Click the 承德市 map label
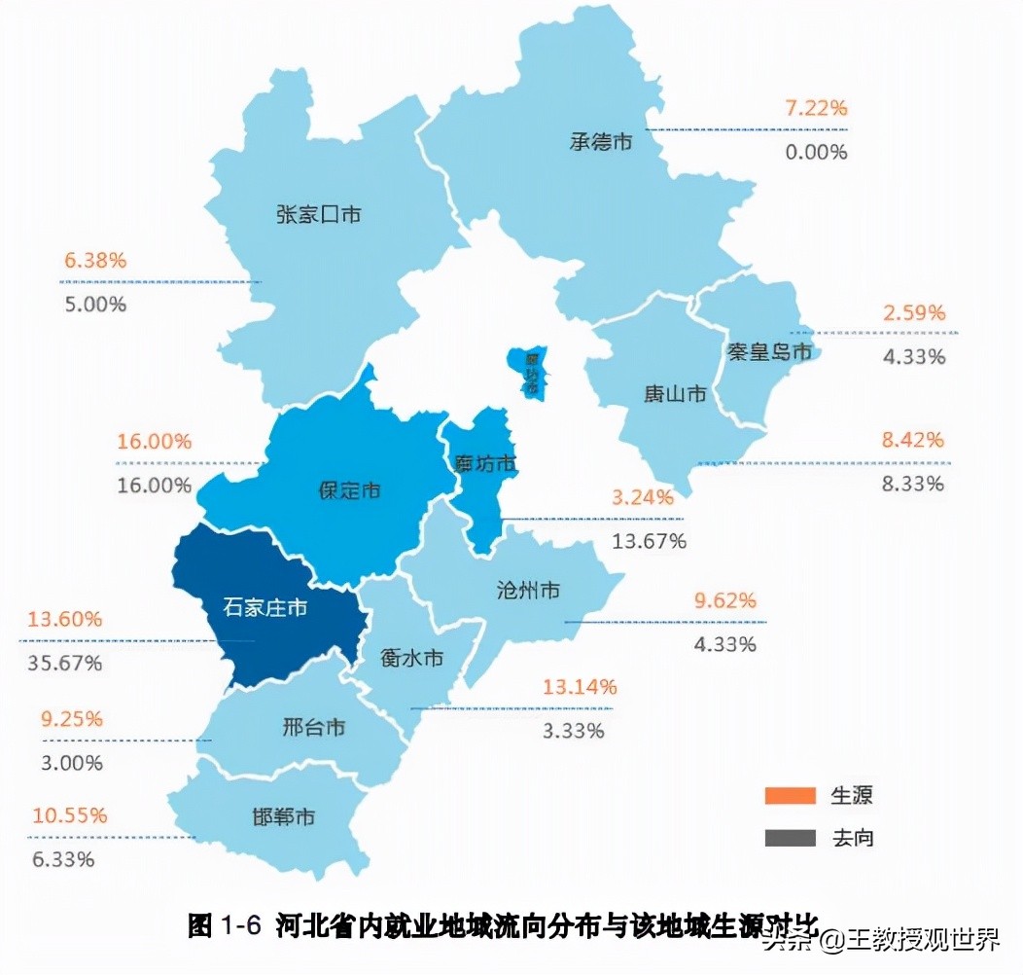600,141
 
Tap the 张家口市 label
318,214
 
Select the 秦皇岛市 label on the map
768,351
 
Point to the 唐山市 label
675,394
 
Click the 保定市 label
349,490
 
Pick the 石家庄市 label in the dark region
265,609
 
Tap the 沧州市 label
527,590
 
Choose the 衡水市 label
411,659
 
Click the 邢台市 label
313,727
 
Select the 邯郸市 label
281,816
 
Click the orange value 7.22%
816,108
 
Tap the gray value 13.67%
649,541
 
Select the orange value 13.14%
580,687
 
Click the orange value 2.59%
914,312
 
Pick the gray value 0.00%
816,152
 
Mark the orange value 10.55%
69,815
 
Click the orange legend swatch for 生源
790,796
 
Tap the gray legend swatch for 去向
790,837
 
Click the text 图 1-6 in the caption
224,925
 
